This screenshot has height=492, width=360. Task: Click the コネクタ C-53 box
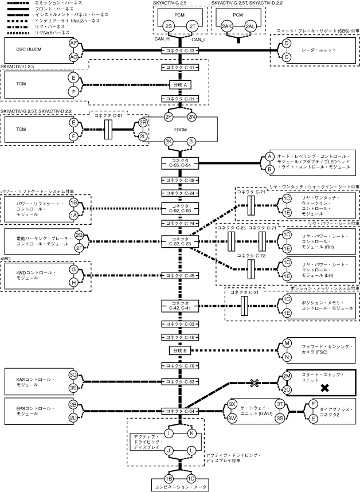coord(181,50)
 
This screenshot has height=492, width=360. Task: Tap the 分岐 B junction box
coord(181,350)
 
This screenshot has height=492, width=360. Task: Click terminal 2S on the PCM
coord(169,27)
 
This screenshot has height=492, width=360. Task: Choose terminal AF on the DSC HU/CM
coord(73,44)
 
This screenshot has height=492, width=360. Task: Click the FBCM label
coord(181,129)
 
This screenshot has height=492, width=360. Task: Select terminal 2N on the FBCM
coord(192,117)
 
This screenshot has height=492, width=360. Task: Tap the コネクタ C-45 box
coord(181,276)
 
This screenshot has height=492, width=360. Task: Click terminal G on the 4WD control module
coord(73,270)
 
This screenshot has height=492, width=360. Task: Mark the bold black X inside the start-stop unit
coord(324,388)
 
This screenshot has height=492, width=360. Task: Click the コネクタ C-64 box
coord(181,411)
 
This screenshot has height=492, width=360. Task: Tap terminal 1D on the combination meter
coord(191,478)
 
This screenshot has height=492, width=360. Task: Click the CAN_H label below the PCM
coord(163,40)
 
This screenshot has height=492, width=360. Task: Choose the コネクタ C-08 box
coord(181,180)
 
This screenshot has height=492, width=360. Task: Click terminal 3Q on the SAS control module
coord(73,375)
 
